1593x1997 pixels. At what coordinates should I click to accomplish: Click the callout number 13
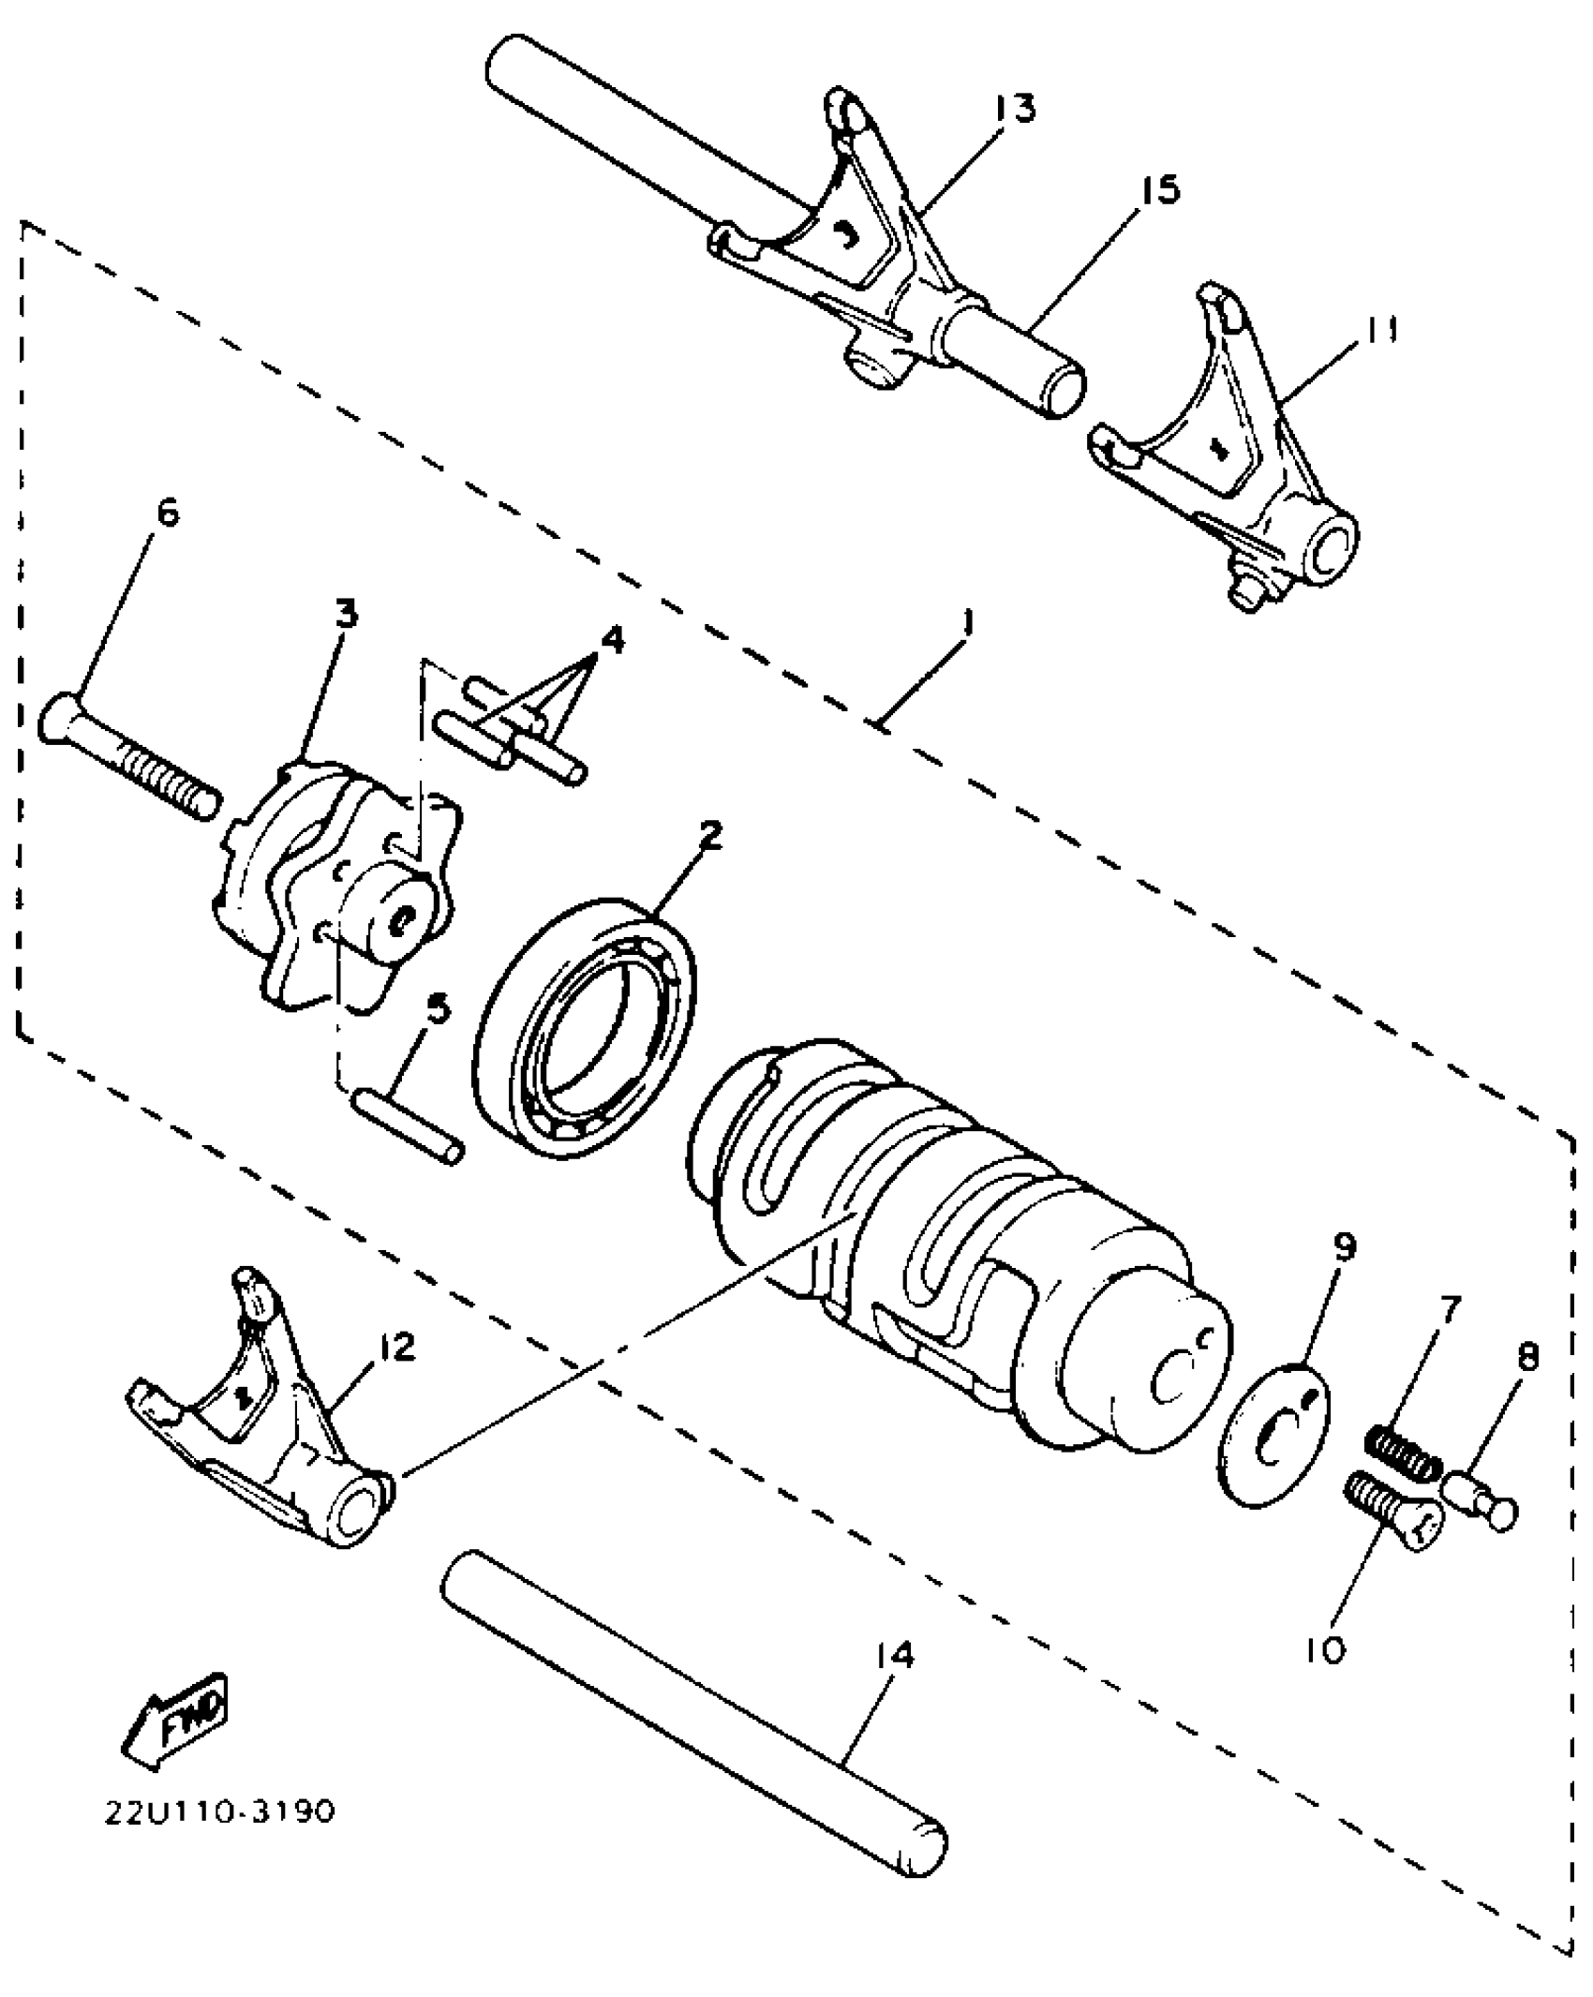(1016, 110)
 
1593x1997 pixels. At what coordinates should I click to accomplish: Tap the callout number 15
(1160, 191)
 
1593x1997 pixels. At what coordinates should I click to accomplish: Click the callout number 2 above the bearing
(711, 835)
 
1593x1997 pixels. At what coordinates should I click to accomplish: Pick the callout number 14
(896, 1655)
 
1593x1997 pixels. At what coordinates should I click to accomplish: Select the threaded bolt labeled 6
(131, 761)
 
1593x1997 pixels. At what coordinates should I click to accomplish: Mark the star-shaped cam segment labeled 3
(337, 890)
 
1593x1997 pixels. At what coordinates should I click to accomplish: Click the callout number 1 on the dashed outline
(968, 622)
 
